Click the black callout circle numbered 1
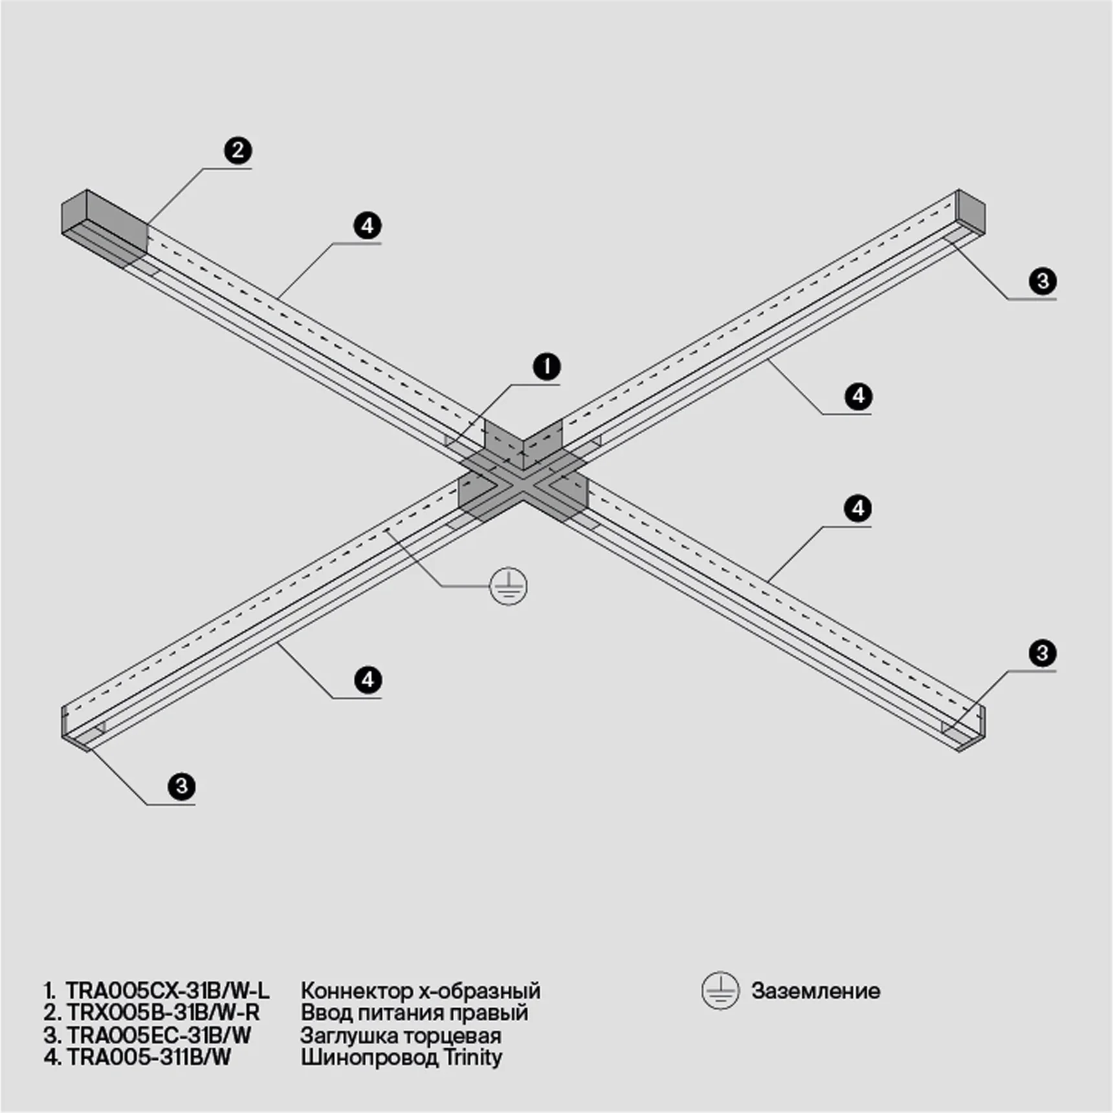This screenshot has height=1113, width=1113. click(547, 367)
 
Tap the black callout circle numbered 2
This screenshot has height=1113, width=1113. click(238, 151)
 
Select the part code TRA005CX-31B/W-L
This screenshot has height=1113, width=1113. click(167, 991)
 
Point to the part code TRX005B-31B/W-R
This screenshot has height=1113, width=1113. click(163, 1013)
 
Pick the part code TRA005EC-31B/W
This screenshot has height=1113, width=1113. click(159, 1035)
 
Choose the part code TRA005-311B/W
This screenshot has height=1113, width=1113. click(149, 1057)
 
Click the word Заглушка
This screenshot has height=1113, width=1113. click(348, 1035)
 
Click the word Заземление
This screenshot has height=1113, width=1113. click(815, 991)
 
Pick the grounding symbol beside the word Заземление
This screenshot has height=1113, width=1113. click(720, 991)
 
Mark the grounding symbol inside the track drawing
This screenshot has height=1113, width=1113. click(509, 587)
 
